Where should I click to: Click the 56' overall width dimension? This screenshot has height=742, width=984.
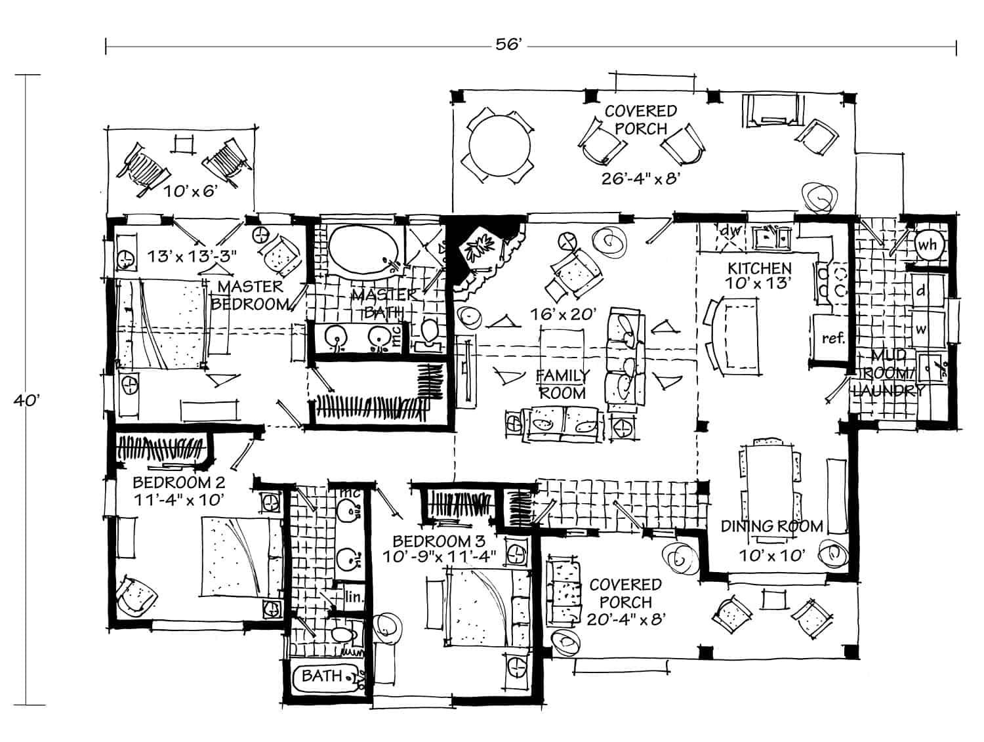[508, 45]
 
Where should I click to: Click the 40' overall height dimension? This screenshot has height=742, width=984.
[24, 401]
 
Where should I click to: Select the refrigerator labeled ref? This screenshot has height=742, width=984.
[833, 339]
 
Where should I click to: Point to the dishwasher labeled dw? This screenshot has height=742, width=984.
[729, 232]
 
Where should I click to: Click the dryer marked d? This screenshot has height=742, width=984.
[921, 291]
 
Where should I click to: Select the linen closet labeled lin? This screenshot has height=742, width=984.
[353, 597]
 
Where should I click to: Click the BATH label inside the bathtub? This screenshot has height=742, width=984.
[322, 676]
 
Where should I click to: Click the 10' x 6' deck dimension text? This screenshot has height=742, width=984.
[190, 192]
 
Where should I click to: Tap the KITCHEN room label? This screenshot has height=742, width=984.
[760, 268]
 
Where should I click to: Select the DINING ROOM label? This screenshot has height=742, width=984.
[771, 526]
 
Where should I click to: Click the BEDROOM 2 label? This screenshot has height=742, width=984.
[178, 483]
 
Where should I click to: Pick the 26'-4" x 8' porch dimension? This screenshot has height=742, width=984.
[638, 178]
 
